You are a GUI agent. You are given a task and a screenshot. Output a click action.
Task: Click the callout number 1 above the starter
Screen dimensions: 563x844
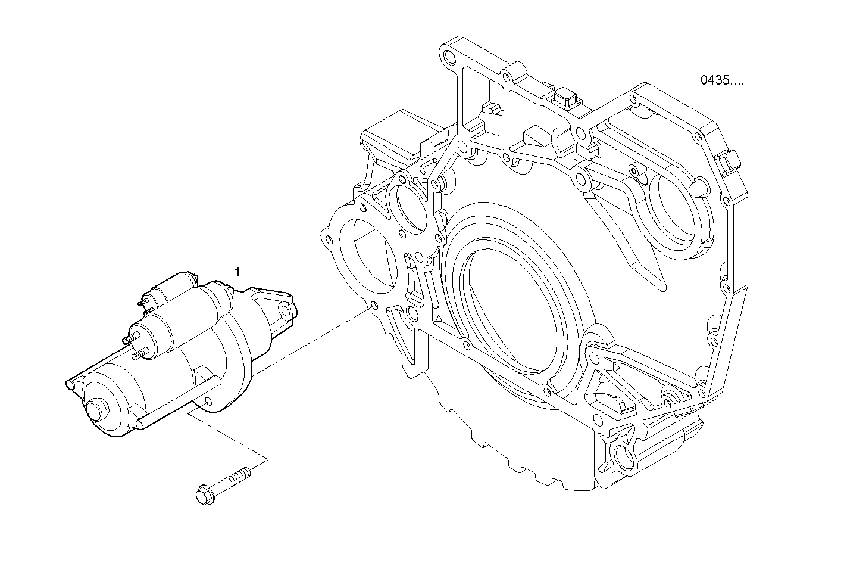click(x=237, y=272)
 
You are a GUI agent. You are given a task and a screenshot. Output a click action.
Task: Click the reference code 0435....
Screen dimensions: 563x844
click(x=721, y=80)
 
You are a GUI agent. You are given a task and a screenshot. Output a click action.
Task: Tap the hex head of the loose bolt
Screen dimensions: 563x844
click(x=204, y=495)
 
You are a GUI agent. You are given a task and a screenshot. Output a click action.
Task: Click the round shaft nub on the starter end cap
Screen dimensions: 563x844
click(x=95, y=411)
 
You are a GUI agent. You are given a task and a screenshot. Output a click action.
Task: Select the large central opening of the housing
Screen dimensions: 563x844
click(x=512, y=310)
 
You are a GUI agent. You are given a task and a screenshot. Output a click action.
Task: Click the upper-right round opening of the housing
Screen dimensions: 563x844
click(x=673, y=209)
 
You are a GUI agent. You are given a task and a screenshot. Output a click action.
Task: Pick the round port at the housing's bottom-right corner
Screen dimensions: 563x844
click(x=623, y=458)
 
